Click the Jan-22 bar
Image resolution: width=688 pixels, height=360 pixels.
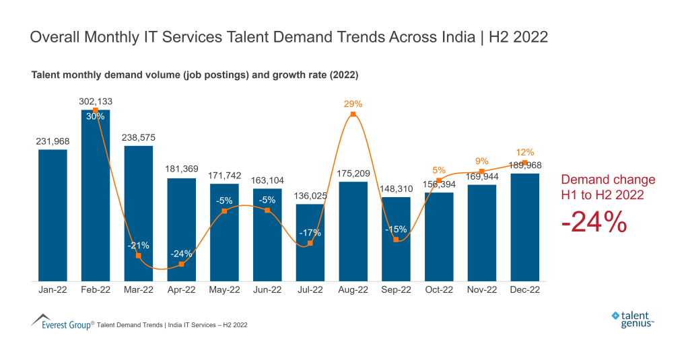tap(53, 215)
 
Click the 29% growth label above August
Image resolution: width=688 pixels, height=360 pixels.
tap(353, 104)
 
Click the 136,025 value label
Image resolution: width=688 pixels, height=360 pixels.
tap(310, 196)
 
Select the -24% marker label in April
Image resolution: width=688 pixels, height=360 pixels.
tap(181, 254)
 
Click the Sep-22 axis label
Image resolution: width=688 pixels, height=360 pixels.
tap(396, 290)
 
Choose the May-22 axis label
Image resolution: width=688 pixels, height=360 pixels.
tap(224, 290)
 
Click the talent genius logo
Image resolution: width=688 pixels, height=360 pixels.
tap(633, 318)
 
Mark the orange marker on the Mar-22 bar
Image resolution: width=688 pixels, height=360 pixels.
tap(139, 256)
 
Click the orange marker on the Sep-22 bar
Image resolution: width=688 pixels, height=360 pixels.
tap(396, 240)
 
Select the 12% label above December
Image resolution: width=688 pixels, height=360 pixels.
tap(524, 152)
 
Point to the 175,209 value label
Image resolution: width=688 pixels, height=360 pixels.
tap(353, 173)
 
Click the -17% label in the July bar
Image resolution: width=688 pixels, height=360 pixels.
tap(310, 233)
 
